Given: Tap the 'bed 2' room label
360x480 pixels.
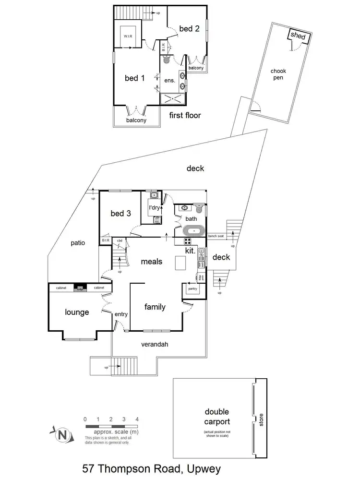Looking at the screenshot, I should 189,29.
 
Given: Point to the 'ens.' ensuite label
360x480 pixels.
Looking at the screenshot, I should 170,81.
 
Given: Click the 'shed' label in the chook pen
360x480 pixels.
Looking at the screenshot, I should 299,36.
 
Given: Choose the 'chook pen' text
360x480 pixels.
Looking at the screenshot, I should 278,74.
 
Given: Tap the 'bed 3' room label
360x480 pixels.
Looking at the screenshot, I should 120,213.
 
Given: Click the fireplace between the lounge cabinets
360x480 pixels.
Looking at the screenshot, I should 81,288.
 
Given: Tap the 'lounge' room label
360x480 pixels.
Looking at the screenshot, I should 77,312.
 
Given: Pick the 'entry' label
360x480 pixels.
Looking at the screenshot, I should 121,314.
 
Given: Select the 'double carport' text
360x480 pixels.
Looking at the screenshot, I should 217,417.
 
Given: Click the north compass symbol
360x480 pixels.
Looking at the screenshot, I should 61,435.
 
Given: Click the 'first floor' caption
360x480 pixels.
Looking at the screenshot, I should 185,115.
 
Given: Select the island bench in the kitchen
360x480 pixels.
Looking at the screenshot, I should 180,264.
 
